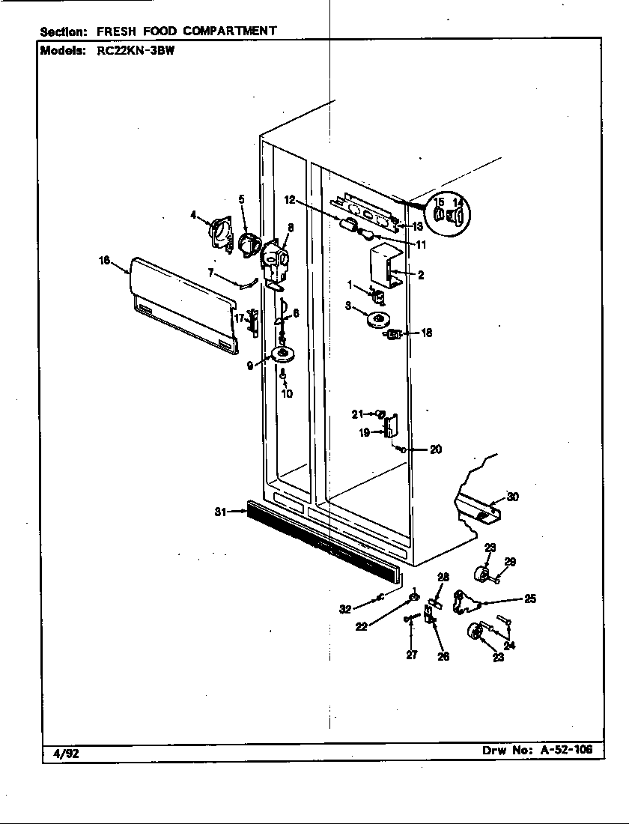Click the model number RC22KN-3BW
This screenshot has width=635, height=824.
click(136, 51)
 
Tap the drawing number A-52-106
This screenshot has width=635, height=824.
click(566, 749)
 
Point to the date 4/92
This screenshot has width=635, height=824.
click(66, 754)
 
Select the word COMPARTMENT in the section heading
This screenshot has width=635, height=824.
click(230, 31)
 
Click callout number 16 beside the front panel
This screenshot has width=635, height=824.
click(104, 260)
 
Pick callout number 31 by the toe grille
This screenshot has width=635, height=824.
click(221, 512)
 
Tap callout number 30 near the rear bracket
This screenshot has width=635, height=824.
click(513, 496)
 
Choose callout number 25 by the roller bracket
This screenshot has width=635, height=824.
click(530, 598)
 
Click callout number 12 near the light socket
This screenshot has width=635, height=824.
click(290, 200)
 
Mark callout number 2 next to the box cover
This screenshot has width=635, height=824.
click(421, 275)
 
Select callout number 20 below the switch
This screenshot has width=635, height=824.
click(435, 449)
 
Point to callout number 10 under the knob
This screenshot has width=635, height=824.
click(287, 393)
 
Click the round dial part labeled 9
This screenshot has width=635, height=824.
click(283, 355)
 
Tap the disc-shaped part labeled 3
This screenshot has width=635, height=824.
click(377, 320)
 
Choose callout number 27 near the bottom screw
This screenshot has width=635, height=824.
click(412, 655)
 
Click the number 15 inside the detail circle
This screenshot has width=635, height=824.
click(439, 202)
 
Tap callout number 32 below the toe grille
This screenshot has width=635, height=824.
click(345, 610)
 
